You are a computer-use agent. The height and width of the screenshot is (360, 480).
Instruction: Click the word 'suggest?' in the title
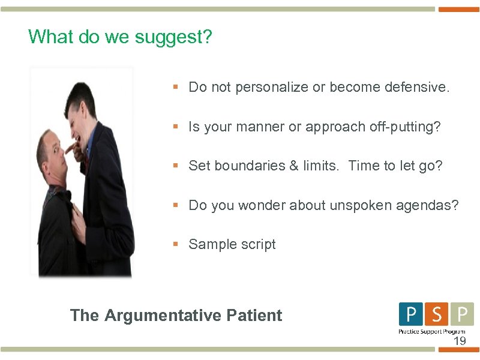pyautogui.click(x=173, y=37)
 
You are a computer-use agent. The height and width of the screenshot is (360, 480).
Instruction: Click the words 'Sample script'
pyautogui.click(x=232, y=244)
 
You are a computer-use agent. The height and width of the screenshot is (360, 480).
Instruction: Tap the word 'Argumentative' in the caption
pyautogui.click(x=163, y=315)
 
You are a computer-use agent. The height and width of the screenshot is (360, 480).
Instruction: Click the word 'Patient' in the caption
pyautogui.click(x=254, y=315)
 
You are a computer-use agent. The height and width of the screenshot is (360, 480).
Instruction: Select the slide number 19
pyautogui.click(x=459, y=341)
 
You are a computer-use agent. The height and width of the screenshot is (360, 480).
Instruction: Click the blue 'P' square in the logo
pyautogui.click(x=411, y=314)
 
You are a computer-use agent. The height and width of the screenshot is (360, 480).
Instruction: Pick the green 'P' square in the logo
pyautogui.click(x=461, y=314)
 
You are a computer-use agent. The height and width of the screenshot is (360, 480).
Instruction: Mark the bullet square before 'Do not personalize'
pyautogui.click(x=176, y=87)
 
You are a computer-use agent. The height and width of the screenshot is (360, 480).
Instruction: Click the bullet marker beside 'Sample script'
pyautogui.click(x=176, y=244)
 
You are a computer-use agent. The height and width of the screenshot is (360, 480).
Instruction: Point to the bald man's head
pyautogui.click(x=52, y=153)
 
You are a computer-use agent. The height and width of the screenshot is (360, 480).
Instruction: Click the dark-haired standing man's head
pyautogui.click(x=80, y=106)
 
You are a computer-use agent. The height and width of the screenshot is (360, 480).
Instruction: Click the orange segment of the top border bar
pyautogui.click(x=458, y=9)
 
